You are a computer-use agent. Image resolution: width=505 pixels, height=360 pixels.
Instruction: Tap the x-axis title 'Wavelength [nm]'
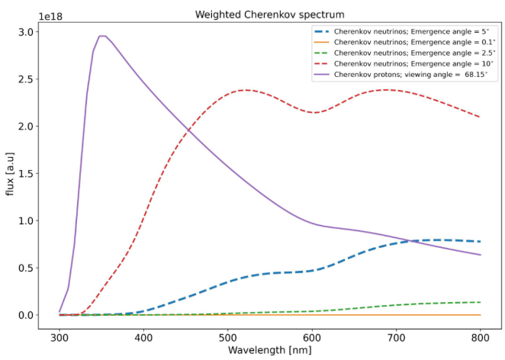pyautogui.click(x=269, y=350)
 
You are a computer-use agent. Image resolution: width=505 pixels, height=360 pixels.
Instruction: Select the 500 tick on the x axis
pyautogui.click(x=228, y=336)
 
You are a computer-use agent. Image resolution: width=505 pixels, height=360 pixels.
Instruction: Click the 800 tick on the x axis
pyautogui.click(x=481, y=336)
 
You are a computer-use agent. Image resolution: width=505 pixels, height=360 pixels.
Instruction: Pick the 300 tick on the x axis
pyautogui.click(x=60, y=336)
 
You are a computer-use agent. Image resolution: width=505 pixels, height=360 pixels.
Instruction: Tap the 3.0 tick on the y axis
pyautogui.click(x=25, y=32)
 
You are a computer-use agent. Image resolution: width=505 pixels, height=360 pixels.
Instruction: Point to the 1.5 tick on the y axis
pyautogui.click(x=25, y=174)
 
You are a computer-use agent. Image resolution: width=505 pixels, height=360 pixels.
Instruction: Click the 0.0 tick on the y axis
pyautogui.click(x=25, y=315)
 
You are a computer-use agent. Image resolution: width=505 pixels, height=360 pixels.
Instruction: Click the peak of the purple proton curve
pyautogui.click(x=102, y=36)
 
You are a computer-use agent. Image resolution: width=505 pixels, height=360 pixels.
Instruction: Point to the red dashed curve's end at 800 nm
pyautogui.click(x=480, y=117)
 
